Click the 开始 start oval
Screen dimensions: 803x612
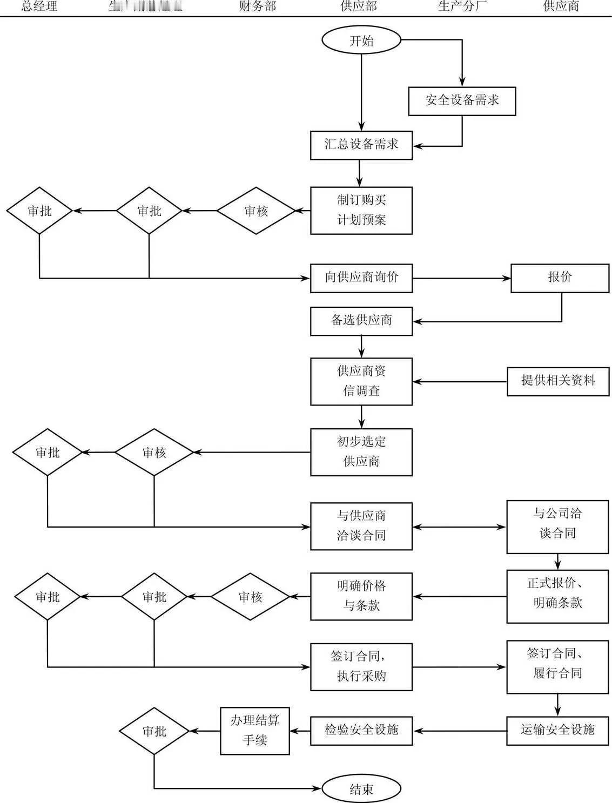361,41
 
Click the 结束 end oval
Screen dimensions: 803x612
361,789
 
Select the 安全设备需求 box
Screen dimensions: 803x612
462,100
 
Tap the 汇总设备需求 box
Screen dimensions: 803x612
361,145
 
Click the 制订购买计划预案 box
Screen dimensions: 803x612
361,210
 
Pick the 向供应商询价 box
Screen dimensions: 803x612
361,278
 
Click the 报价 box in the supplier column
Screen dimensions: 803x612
560,278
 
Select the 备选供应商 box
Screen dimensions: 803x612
361,321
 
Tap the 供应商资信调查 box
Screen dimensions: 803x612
361,381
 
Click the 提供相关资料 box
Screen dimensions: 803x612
558,381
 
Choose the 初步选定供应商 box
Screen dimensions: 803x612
361,451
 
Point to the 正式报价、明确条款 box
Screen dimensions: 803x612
558,596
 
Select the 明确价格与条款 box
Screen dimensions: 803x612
361,596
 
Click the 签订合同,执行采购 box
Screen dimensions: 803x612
361,666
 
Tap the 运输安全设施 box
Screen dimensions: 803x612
558,730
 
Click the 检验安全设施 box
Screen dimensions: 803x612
361,730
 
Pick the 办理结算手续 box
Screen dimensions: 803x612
255,730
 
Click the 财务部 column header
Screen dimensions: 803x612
258,7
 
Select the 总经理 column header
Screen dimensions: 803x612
39,7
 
